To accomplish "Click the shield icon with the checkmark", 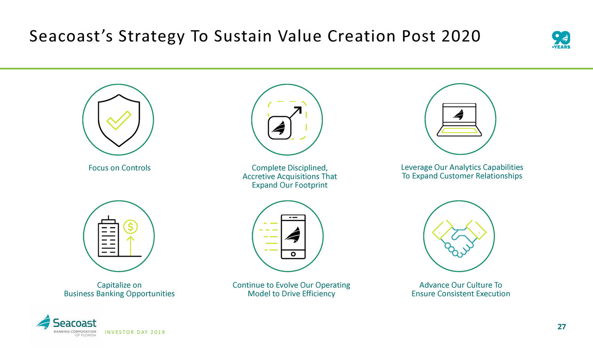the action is click(x=119, y=120).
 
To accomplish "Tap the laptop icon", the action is click(x=459, y=120).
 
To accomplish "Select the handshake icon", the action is click(x=459, y=239).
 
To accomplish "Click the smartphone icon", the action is click(x=293, y=236).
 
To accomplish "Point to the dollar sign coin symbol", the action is click(x=130, y=227).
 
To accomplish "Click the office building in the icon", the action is click(x=108, y=236).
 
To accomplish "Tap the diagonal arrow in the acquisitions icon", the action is click(x=295, y=113).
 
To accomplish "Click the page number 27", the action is click(x=561, y=327).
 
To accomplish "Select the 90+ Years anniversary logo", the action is click(x=561, y=40).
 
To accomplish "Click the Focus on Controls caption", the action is click(x=120, y=168).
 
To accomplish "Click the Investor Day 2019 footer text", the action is click(x=135, y=332).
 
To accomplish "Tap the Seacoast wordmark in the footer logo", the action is click(x=75, y=323).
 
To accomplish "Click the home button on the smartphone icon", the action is click(x=293, y=254).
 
